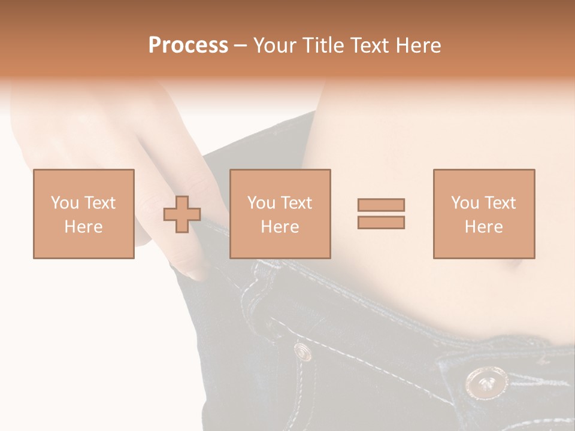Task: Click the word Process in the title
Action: point(188,45)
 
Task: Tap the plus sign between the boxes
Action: point(182,214)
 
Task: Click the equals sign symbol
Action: point(381,214)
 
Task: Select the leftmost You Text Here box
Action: point(83,214)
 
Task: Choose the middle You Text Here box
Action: point(280,214)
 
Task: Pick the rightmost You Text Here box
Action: point(483,214)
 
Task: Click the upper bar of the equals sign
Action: point(381,205)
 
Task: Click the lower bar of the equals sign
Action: point(381,222)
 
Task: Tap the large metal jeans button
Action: point(486,382)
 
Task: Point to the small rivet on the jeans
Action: point(302,351)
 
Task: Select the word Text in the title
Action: point(368,45)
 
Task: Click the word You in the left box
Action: point(65,203)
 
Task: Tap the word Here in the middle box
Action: point(280,227)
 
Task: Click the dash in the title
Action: point(240,45)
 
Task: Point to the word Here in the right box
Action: point(483,227)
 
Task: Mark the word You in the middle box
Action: point(261,203)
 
